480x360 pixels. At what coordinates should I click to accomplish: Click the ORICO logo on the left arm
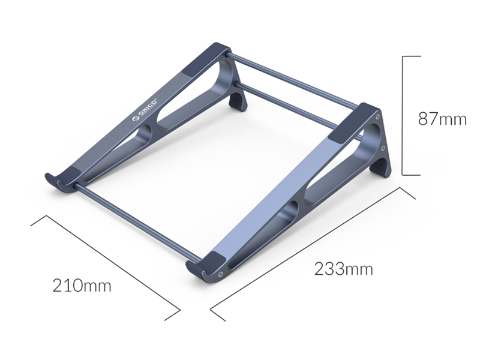[x=145, y=110]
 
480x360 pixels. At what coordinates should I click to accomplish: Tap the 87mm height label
[x=442, y=119]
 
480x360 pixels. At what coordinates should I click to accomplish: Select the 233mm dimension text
[x=343, y=269]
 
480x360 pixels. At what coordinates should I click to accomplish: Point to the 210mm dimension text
[x=82, y=286]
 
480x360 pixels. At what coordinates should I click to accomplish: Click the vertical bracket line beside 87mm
[x=403, y=116]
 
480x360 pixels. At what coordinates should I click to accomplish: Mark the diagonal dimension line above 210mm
[x=106, y=268]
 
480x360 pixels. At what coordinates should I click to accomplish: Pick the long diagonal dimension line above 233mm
[x=313, y=254]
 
